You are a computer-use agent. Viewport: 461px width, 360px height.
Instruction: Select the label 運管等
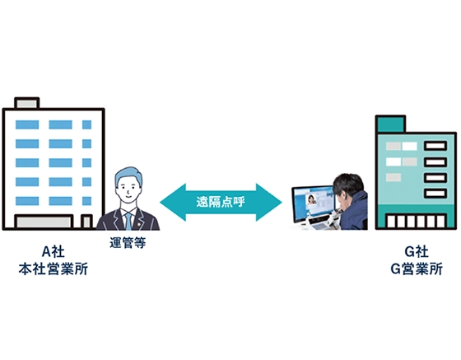128,242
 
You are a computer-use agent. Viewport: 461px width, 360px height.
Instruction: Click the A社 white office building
53,165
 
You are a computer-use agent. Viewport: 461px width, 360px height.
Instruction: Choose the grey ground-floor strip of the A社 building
45,222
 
